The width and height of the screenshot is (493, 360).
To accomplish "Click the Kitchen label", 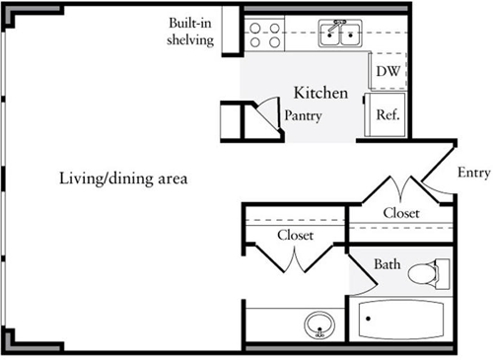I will (320, 94).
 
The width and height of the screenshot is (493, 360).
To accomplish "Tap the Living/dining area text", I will (122, 180).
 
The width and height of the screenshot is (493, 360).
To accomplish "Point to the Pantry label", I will (304, 115).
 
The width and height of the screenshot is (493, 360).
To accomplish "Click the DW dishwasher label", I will (387, 72).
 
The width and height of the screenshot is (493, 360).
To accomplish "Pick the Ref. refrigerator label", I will (387, 113).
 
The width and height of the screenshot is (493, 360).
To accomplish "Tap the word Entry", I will (473, 174).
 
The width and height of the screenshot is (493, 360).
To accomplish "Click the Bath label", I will (387, 264).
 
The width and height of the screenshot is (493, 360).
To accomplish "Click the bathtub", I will (400, 321).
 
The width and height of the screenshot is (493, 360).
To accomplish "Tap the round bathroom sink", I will (318, 323).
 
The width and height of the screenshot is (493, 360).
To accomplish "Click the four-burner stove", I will (261, 36).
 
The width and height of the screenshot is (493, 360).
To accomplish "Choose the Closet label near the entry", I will (401, 212).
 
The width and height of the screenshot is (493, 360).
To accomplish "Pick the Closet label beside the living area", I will (295, 235).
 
